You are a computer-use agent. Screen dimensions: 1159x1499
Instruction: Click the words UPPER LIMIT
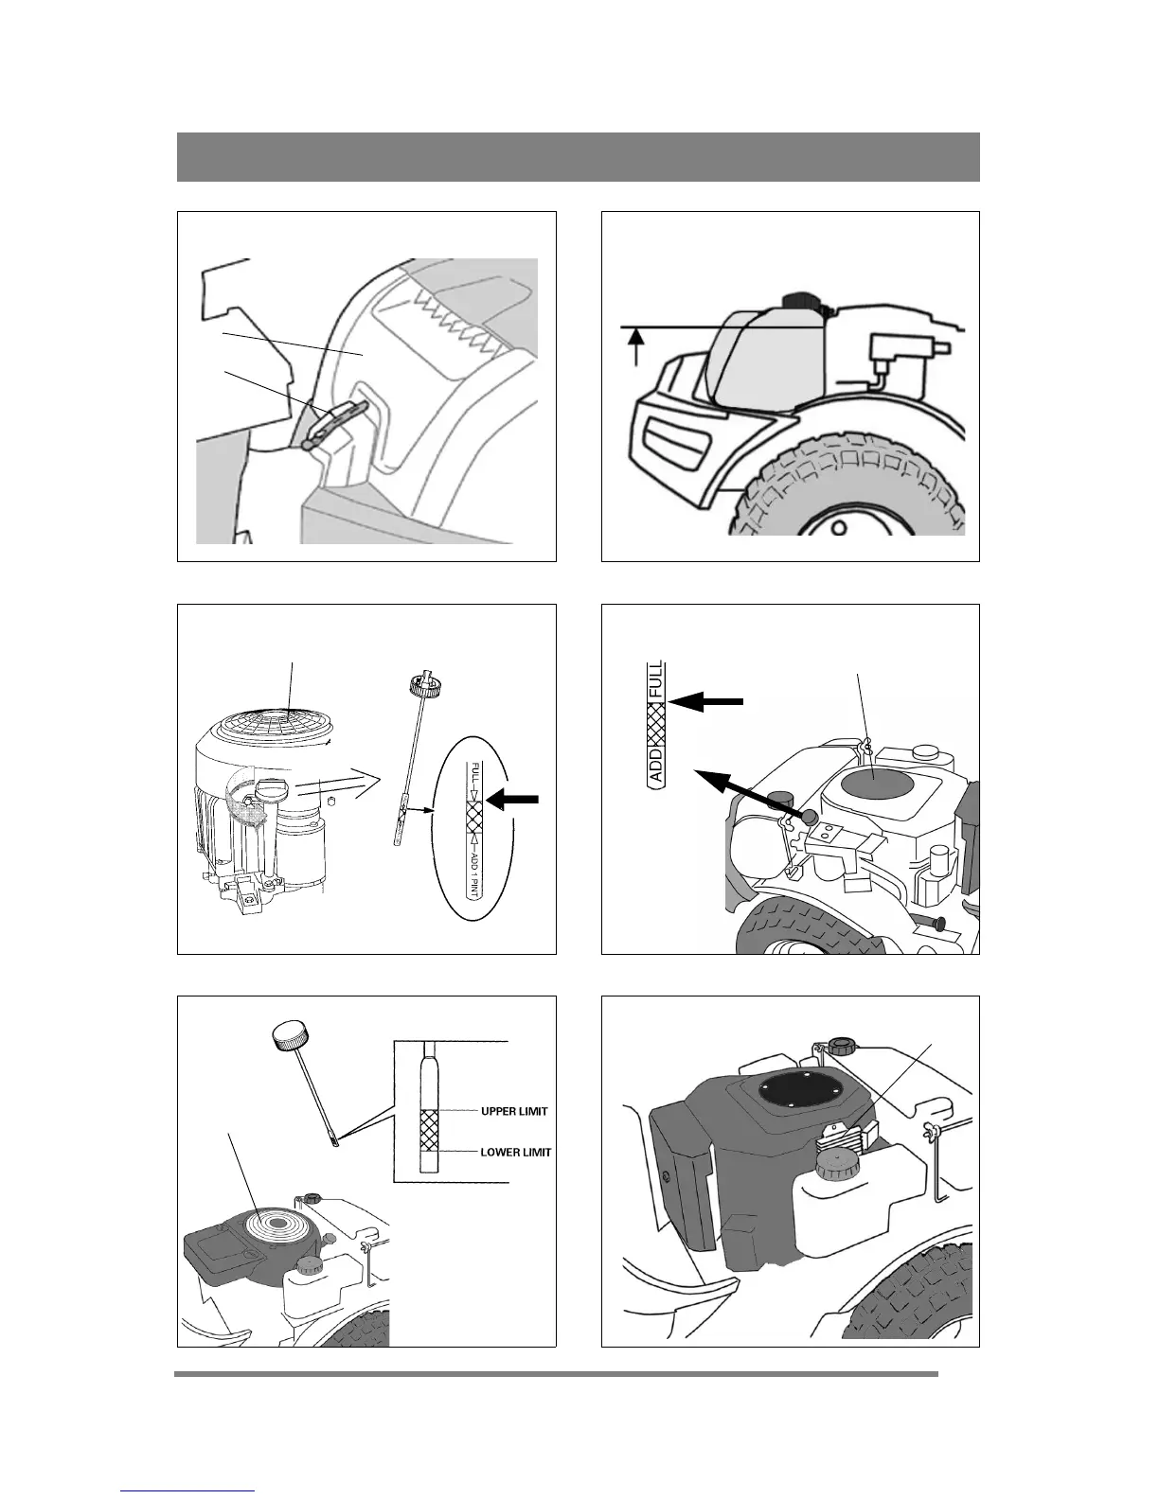coord(514,1111)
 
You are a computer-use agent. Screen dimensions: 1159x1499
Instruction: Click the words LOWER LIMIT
coord(516,1152)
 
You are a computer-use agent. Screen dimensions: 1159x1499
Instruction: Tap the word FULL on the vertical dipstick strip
coord(656,679)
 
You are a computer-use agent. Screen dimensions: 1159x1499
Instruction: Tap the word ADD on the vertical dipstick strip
coord(656,765)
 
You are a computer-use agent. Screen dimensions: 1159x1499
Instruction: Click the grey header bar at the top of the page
coord(579,157)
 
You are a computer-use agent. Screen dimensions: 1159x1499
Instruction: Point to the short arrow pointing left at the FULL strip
coord(706,702)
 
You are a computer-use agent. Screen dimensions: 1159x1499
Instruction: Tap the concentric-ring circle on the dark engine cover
coord(278,1223)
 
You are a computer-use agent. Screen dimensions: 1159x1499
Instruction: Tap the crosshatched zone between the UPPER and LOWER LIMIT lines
coord(429,1131)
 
